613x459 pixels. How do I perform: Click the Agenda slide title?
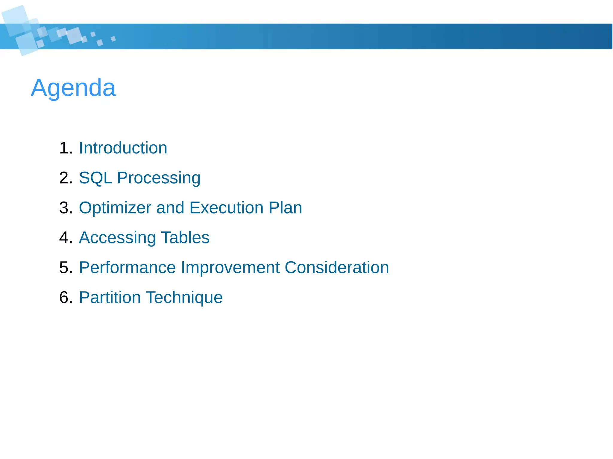coord(73,88)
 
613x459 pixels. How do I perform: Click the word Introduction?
coord(123,148)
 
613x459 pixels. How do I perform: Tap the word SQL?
coord(95,178)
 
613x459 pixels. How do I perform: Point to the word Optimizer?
coord(115,208)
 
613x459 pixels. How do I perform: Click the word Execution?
coord(226,208)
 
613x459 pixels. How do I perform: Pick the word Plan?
coord(285,208)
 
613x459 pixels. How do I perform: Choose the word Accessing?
coord(117,238)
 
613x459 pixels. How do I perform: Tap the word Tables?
coord(185,237)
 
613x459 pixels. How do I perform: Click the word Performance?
coord(127,267)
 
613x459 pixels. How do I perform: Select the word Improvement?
coord(230,268)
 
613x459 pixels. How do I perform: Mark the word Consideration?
coord(336,267)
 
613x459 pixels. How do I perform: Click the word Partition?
coord(110,297)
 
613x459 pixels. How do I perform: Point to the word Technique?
coord(184,298)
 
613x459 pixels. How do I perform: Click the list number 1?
coord(66,148)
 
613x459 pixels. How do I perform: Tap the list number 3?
coord(66,208)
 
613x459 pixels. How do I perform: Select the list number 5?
coord(66,268)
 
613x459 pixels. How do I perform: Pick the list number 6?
coord(66,298)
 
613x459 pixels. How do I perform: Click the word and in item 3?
coord(170,208)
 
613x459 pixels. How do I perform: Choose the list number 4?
coord(66,238)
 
